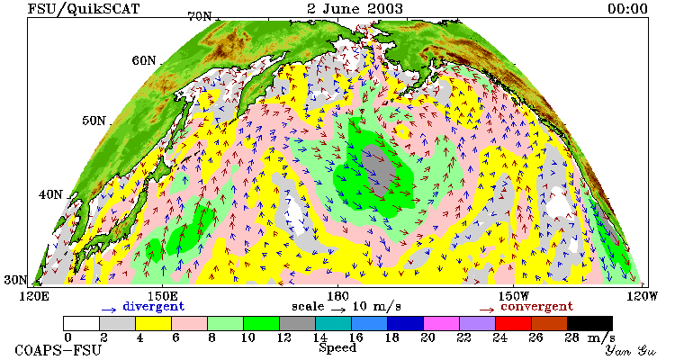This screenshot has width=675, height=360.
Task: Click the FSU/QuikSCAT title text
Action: click(84, 9)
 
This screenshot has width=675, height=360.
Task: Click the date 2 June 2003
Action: click(355, 8)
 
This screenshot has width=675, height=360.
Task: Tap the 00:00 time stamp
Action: click(627, 9)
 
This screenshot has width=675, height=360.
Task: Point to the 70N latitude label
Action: click(200, 17)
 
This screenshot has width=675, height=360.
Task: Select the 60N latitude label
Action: click(144, 60)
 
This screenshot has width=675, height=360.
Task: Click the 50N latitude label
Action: click(94, 120)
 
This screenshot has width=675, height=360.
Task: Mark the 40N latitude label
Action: click(50, 194)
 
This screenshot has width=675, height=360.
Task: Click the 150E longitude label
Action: click(162, 296)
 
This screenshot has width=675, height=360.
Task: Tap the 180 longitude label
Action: click(337, 296)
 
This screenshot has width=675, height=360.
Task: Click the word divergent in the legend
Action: click(154, 306)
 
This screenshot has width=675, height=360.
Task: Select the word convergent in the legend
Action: click(537, 306)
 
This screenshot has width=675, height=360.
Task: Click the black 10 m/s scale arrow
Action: click(338, 309)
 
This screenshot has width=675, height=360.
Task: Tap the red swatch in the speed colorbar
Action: click(513, 323)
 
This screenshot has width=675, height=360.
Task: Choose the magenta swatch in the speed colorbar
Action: click(441, 323)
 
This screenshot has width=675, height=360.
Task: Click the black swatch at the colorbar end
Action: click(589, 323)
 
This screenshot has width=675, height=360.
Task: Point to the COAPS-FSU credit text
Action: click(58, 350)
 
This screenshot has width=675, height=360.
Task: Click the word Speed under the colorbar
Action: click(337, 347)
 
